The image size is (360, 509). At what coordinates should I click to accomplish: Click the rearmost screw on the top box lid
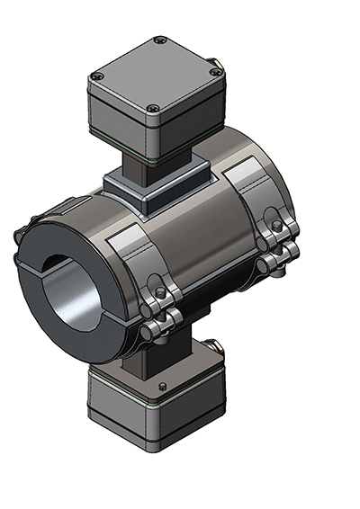pyautogui.click(x=159, y=40)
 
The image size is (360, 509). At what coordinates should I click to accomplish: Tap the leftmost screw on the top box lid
pyautogui.click(x=98, y=76)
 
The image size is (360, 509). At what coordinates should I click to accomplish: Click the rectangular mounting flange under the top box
pyautogui.click(x=153, y=189)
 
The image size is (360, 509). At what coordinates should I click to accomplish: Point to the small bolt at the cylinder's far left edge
pyautogui.click(x=20, y=236)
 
